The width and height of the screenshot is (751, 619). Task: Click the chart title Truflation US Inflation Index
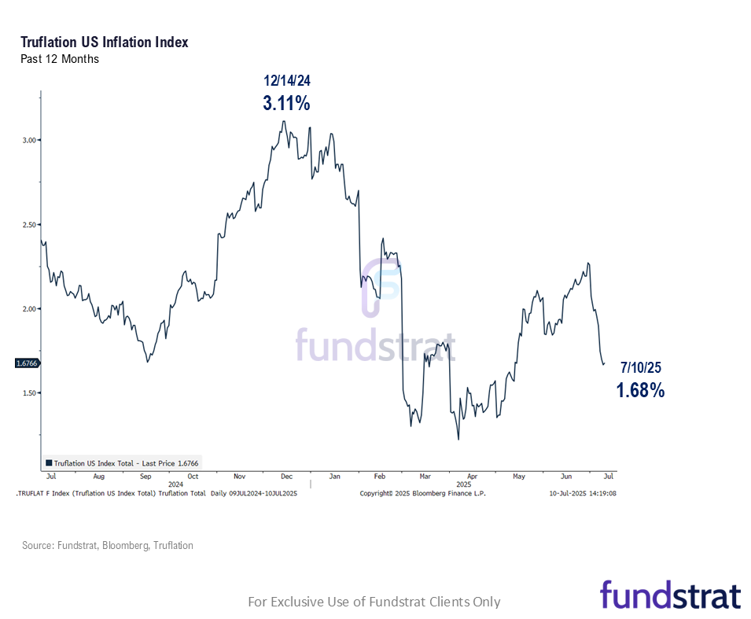click(x=105, y=42)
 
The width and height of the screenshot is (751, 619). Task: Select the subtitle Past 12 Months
click(x=60, y=59)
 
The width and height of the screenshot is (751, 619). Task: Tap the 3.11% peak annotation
click(x=286, y=103)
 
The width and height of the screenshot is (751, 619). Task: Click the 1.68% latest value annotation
click(x=640, y=389)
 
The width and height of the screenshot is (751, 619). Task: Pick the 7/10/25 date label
click(x=641, y=368)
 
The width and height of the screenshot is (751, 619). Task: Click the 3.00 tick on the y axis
click(x=29, y=140)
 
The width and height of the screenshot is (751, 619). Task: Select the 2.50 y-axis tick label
click(x=29, y=224)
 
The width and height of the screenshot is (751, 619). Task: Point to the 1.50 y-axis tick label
click(x=29, y=392)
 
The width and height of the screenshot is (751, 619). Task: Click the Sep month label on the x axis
click(x=145, y=477)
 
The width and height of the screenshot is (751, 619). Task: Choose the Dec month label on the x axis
click(x=286, y=477)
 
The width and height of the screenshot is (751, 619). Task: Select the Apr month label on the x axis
click(x=472, y=477)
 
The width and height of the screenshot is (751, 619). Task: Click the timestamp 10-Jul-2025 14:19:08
click(x=582, y=493)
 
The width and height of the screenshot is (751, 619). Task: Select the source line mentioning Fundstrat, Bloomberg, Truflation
click(x=107, y=545)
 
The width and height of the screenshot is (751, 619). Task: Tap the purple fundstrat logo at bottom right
click(x=670, y=595)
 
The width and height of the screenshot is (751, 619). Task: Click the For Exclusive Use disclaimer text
click(x=374, y=602)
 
